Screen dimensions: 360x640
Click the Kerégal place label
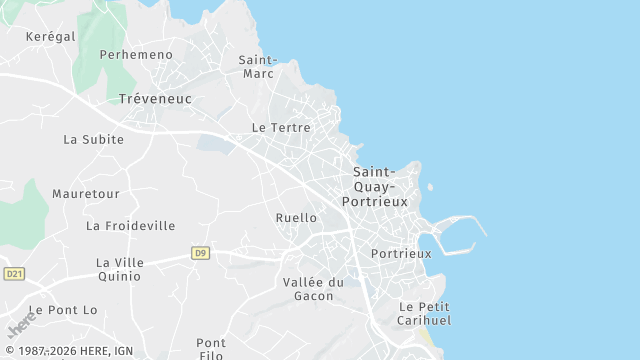pyautogui.click(x=51, y=36)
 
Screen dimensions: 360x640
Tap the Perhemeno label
pyautogui.click(x=136, y=55)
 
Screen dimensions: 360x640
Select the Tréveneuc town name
pyautogui.click(x=155, y=99)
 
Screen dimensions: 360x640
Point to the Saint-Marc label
pyautogui.click(x=258, y=66)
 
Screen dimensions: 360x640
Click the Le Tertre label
pyautogui.click(x=281, y=128)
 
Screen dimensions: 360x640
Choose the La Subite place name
pyautogui.click(x=94, y=140)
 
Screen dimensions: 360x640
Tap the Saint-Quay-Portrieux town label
pyautogui.click(x=375, y=187)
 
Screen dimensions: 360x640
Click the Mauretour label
pyautogui.click(x=86, y=193)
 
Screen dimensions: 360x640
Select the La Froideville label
pyautogui.click(x=131, y=226)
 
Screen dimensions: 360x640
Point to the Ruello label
pyautogui.click(x=296, y=218)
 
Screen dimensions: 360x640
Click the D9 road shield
pyautogui.click(x=201, y=253)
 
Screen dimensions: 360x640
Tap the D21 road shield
pyautogui.click(x=14, y=274)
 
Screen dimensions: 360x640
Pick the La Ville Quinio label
pyautogui.click(x=120, y=270)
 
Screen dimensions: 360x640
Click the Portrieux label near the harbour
pyautogui.click(x=401, y=254)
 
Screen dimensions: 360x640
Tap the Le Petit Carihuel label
pyautogui.click(x=425, y=313)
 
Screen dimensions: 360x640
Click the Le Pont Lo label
pyautogui.click(x=63, y=310)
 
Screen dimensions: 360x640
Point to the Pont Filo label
pyautogui.click(x=211, y=349)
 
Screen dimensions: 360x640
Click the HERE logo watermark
pyautogui.click(x=21, y=326)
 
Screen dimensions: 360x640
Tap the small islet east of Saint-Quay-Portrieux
pyautogui.click(x=429, y=186)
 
